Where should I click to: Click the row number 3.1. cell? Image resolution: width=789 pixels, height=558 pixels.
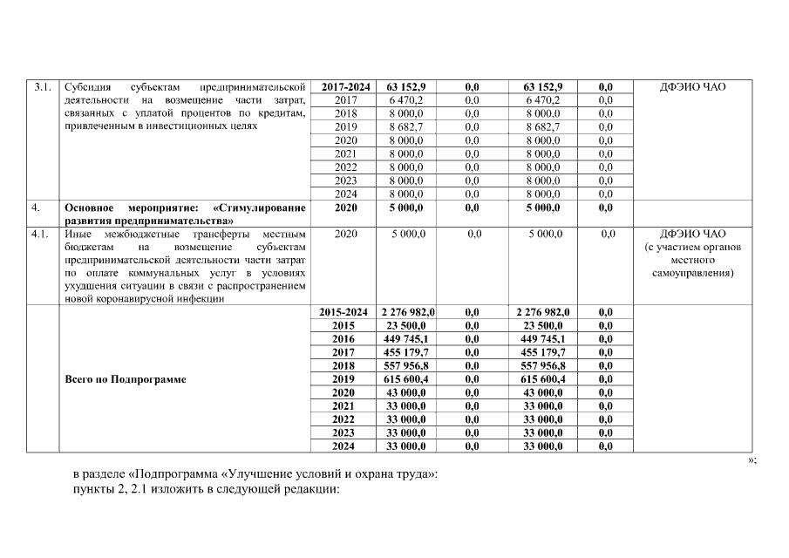point(42,87)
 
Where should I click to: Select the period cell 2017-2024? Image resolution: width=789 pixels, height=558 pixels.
point(345,87)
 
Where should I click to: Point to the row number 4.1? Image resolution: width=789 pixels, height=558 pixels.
point(41,234)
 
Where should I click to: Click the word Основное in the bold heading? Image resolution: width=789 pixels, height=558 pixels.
point(91,208)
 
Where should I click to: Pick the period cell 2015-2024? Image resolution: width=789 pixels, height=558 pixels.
point(345,312)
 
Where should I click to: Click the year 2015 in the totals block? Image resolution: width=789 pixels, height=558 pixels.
point(345,325)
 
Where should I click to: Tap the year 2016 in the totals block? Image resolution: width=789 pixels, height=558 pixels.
point(345,339)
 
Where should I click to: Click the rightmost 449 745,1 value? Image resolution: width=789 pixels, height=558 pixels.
point(542,339)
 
